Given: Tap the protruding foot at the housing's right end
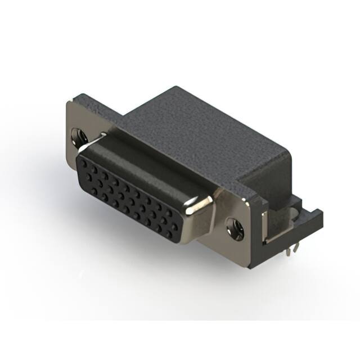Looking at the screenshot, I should click(315, 217).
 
